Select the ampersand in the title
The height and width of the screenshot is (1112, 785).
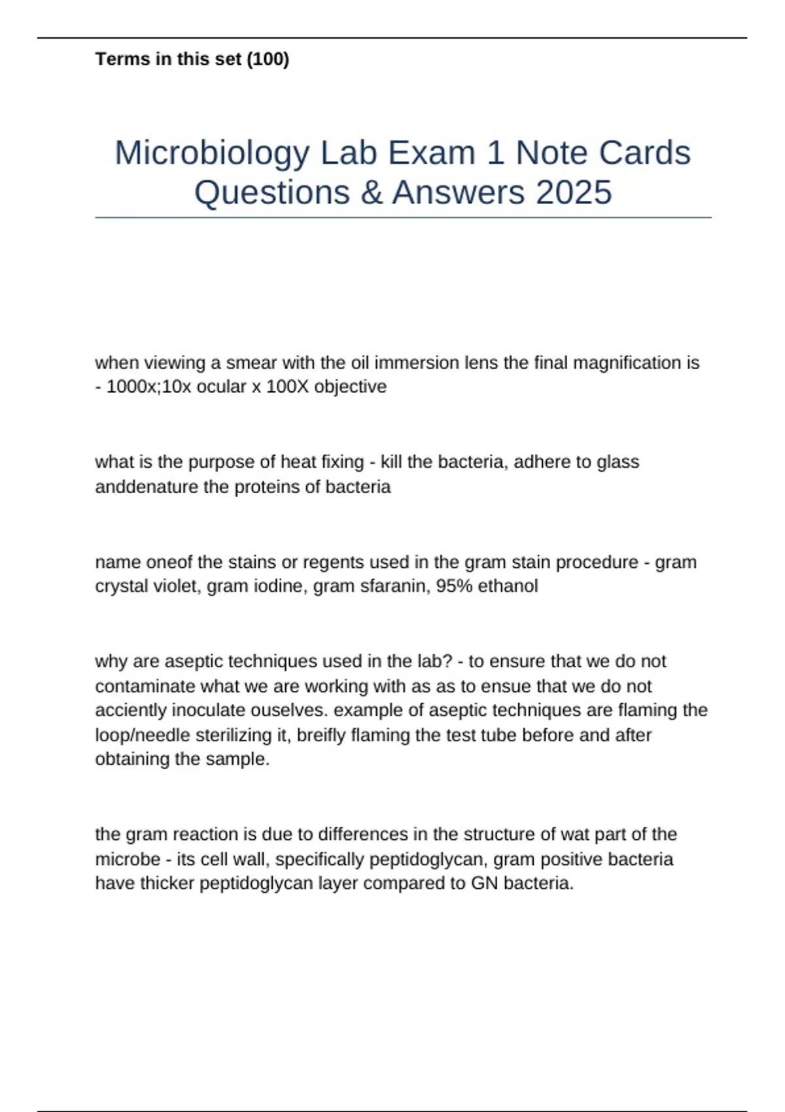(x=371, y=193)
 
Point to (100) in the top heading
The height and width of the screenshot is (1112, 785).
(x=268, y=60)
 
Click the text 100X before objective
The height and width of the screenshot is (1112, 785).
(x=287, y=387)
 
